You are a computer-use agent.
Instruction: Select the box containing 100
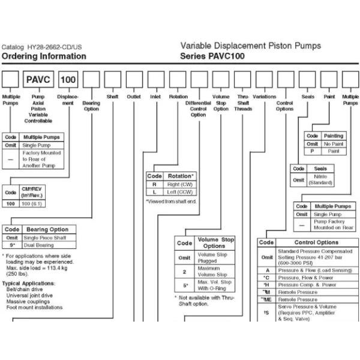click(69, 79)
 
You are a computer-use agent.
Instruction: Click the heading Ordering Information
click(44, 56)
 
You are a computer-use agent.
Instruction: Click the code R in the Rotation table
click(154, 184)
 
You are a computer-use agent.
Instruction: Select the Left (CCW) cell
click(180, 192)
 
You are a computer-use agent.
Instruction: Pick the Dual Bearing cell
click(46, 245)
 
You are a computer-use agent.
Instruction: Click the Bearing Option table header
click(47, 229)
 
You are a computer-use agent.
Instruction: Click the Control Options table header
click(316, 242)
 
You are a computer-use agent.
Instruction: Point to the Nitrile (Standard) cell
click(320, 179)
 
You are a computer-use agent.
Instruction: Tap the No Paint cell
click(334, 144)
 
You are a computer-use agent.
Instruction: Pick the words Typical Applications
click(28, 283)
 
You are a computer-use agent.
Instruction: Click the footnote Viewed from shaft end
click(172, 201)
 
